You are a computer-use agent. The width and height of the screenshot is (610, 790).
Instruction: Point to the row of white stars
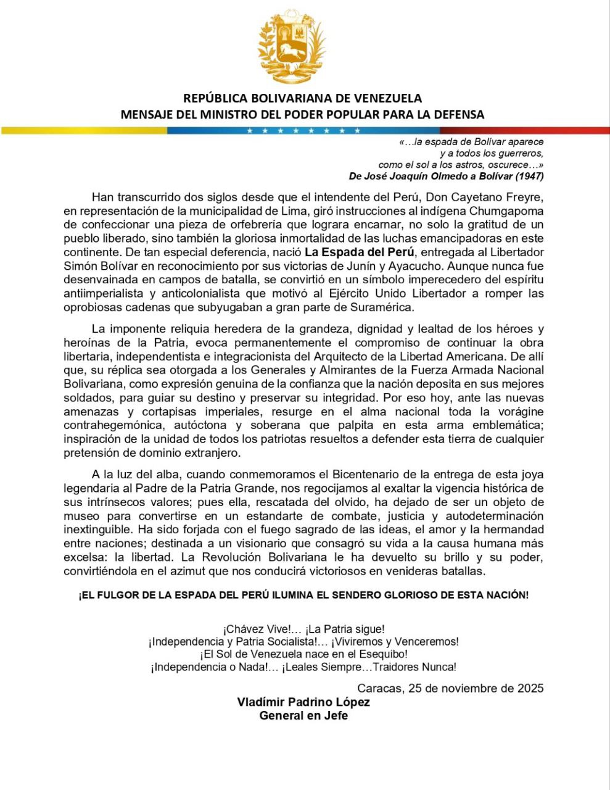[x=303, y=130]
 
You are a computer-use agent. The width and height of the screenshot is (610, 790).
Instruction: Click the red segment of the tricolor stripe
[x=524, y=130]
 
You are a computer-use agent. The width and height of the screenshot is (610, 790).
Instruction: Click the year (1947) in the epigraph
[x=529, y=176]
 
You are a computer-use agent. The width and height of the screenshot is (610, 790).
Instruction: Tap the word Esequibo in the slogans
[x=384, y=654]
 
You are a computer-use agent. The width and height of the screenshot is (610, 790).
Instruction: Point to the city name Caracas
[x=379, y=688]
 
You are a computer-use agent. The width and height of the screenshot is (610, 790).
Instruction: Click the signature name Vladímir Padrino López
[x=303, y=702]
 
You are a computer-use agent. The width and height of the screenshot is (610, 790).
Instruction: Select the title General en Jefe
[x=303, y=716]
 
